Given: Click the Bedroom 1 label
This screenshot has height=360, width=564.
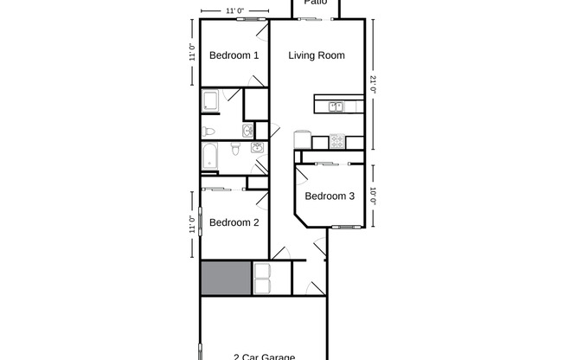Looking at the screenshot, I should (234, 55).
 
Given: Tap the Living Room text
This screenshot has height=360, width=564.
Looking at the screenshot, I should (316, 55).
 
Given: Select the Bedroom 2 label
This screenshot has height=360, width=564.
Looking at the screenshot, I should (234, 222).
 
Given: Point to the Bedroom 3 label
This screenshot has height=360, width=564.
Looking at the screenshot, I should (330, 196).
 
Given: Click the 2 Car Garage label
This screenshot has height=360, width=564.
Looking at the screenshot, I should (264, 356).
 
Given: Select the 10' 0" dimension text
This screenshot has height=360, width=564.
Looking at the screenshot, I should (374, 196).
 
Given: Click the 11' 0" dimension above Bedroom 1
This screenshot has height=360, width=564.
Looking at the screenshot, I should (232, 10).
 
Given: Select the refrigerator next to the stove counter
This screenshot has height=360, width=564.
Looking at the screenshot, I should (302, 140).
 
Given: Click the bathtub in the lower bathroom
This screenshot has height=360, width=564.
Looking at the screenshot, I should (210, 157).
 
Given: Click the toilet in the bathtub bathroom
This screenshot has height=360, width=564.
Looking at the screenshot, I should (234, 151).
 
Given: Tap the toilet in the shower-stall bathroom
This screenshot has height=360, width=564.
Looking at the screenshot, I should (208, 132).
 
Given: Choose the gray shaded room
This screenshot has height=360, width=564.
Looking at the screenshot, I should (225, 279).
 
